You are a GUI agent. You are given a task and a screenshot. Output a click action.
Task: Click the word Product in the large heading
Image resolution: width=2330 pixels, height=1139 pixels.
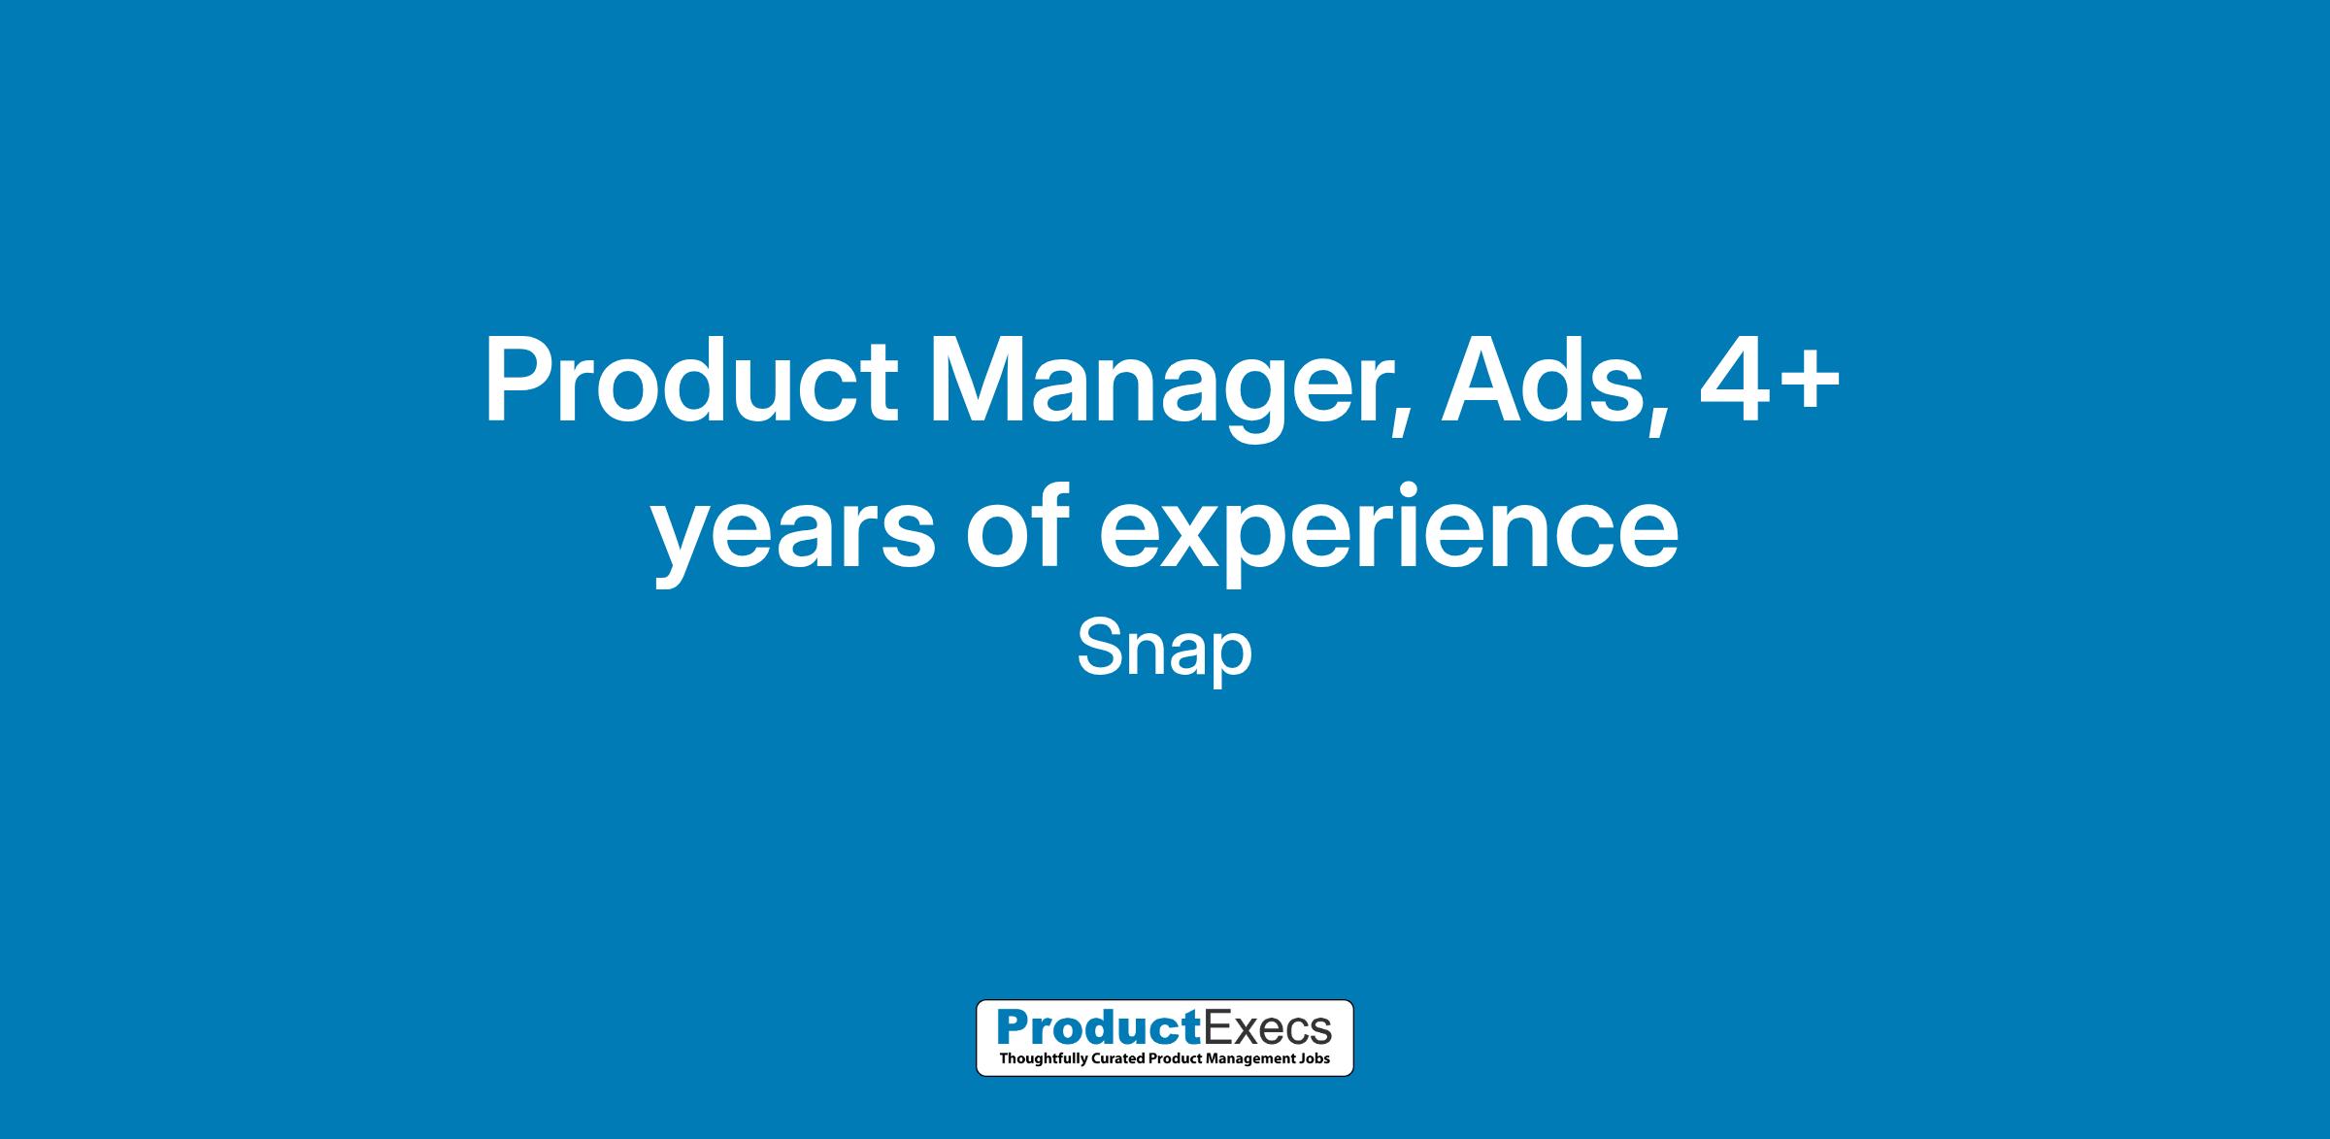690,382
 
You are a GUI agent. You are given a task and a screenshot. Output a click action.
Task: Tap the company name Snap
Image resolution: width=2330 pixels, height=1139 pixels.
1165,652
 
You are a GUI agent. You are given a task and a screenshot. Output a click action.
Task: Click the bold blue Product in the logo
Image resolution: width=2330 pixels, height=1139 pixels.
1099,1026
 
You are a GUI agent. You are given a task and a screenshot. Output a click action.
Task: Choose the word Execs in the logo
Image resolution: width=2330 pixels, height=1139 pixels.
1267,1027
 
